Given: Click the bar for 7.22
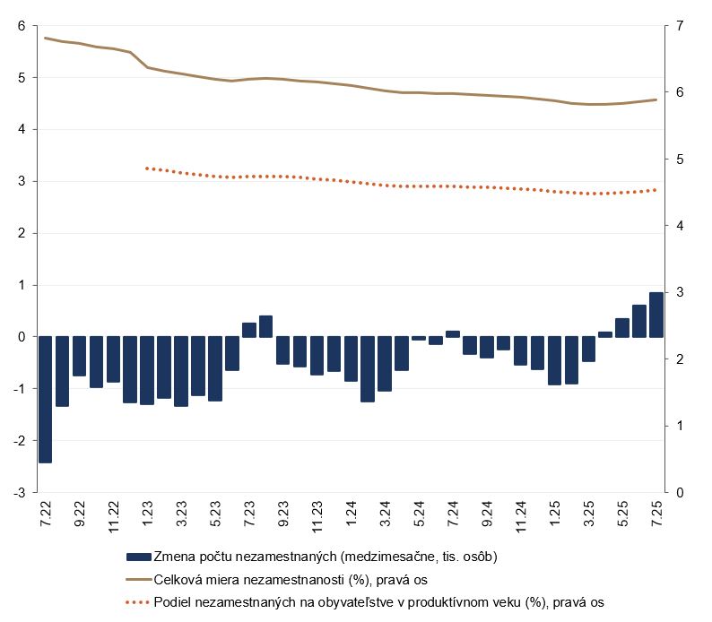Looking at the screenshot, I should coord(45,400).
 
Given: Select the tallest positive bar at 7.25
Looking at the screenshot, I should coord(656,315).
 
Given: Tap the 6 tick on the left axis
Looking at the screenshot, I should coord(21,26).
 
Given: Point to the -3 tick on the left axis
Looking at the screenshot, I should coord(19,493).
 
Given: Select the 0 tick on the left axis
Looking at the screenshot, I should coord(21,337).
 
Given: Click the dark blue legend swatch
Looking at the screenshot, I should coord(139,556).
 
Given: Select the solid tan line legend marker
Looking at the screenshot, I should coord(139,579).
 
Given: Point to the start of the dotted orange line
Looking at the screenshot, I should coord(146,168).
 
